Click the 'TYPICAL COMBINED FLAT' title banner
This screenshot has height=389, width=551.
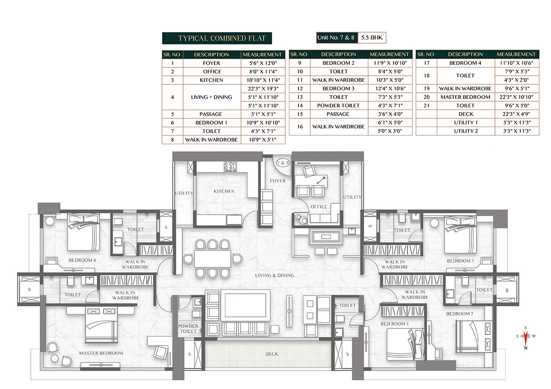217,38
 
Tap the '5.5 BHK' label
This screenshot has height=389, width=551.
371,38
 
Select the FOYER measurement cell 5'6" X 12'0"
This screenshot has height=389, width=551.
263,63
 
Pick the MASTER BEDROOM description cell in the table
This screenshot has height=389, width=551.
466,97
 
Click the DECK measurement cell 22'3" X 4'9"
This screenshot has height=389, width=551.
516,114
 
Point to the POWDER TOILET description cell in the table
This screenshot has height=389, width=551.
338,106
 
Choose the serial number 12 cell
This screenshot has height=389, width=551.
299,89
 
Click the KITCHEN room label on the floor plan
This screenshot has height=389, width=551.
224,191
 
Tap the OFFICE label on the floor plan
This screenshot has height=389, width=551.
319,207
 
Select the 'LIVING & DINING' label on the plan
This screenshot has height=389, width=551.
275,276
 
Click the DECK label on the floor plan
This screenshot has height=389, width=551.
272,354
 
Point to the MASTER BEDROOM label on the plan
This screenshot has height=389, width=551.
101,353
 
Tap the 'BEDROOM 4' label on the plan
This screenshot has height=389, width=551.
82,260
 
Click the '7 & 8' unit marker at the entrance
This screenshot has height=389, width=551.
283,163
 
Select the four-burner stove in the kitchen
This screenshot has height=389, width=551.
230,167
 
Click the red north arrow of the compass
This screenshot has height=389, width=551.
526,338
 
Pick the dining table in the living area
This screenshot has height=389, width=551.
213,259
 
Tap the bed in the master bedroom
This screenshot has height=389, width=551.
101,325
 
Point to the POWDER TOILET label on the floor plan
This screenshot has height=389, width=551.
188,328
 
